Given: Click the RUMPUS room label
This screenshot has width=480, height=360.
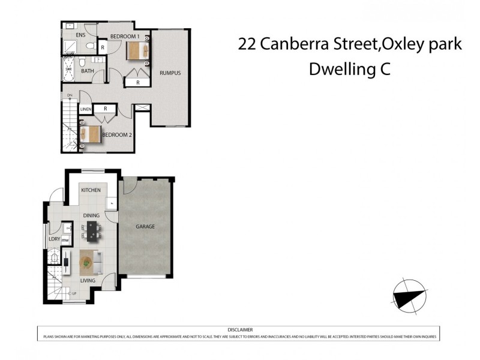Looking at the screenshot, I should [170, 73].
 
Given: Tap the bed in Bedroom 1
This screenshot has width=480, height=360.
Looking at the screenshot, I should [137, 52].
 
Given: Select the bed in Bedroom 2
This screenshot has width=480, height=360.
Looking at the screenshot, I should [91, 133].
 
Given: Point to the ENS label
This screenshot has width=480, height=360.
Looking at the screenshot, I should [80, 35].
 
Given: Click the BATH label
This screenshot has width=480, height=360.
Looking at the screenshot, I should [87, 71].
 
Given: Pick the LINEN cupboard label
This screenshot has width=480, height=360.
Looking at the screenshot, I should [85, 109].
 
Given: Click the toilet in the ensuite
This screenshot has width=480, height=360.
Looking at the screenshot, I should [88, 46].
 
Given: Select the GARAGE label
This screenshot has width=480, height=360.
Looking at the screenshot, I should [145, 227].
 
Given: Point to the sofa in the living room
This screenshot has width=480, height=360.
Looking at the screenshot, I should [97, 262].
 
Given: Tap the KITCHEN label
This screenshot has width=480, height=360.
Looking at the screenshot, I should [91, 190].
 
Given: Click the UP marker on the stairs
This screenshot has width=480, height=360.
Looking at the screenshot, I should [74, 294].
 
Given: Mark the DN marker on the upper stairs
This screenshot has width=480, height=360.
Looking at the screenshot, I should [70, 96].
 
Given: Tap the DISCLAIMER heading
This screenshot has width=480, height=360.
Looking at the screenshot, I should [240, 329].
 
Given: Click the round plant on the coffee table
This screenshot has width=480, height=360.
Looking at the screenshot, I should [87, 262].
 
